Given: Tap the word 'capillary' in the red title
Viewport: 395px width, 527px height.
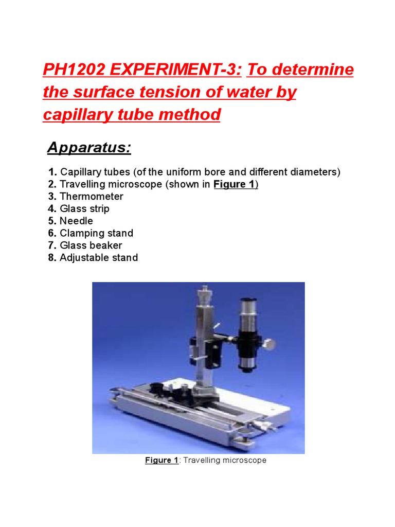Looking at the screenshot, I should click(x=76, y=114).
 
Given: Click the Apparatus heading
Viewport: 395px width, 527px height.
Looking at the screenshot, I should click(x=89, y=148).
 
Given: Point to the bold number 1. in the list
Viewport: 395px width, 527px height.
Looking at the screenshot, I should click(x=52, y=172).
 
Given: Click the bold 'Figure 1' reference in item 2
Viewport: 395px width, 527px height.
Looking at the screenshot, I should click(x=235, y=184).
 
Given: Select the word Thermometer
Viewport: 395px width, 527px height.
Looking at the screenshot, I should click(x=92, y=197).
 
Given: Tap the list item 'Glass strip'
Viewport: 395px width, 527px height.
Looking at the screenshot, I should click(x=84, y=209).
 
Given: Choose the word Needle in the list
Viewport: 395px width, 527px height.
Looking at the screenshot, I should click(x=76, y=221).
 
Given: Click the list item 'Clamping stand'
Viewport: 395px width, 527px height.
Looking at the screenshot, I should click(x=96, y=233).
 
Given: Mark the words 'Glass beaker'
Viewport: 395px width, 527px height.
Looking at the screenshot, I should click(x=91, y=245).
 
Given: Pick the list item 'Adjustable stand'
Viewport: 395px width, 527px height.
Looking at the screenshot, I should click(x=98, y=257).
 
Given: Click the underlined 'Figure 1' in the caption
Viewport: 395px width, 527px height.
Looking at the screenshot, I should click(x=161, y=460).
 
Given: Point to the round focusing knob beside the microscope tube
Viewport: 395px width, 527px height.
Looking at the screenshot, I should click(x=268, y=341).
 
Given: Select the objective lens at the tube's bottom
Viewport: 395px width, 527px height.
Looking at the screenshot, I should click(x=248, y=364).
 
